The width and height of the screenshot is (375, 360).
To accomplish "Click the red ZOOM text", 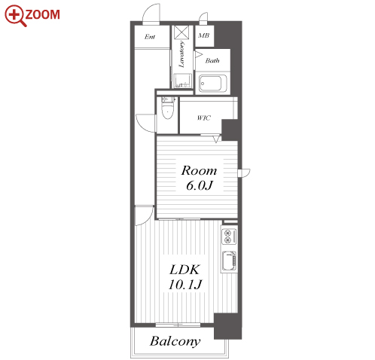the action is pyautogui.click(x=42, y=14).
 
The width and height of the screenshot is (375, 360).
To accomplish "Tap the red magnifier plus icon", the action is pyautogui.click(x=15, y=16).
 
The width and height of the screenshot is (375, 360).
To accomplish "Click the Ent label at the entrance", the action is pyautogui.click(x=150, y=37).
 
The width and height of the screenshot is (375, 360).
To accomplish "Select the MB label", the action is pyautogui.click(x=203, y=35).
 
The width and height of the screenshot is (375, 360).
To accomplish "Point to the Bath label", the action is pyautogui.click(x=212, y=60).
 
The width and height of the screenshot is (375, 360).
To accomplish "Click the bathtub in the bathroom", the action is pyautogui.click(x=210, y=84).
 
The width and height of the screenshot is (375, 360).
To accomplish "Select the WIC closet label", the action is pyautogui.click(x=204, y=117).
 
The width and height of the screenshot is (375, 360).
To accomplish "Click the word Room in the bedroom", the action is pyautogui.click(x=199, y=171).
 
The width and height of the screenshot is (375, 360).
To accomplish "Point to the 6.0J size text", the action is pyautogui.click(x=200, y=185).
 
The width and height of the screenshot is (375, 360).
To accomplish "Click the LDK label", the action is pyautogui.click(x=184, y=270).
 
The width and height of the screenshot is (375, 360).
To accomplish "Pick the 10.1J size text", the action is pyautogui.click(x=185, y=285).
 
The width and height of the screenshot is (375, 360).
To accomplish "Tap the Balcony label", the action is pyautogui.click(x=175, y=341).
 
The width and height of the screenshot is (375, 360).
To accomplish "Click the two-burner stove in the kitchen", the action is pyautogui.click(x=229, y=236).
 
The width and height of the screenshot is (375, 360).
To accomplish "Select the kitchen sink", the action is pyautogui.click(x=229, y=261).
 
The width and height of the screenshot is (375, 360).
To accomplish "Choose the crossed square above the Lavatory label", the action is pyautogui.click(x=181, y=32).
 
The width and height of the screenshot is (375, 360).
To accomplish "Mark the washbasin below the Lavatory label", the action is pyautogui.click(x=183, y=81).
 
